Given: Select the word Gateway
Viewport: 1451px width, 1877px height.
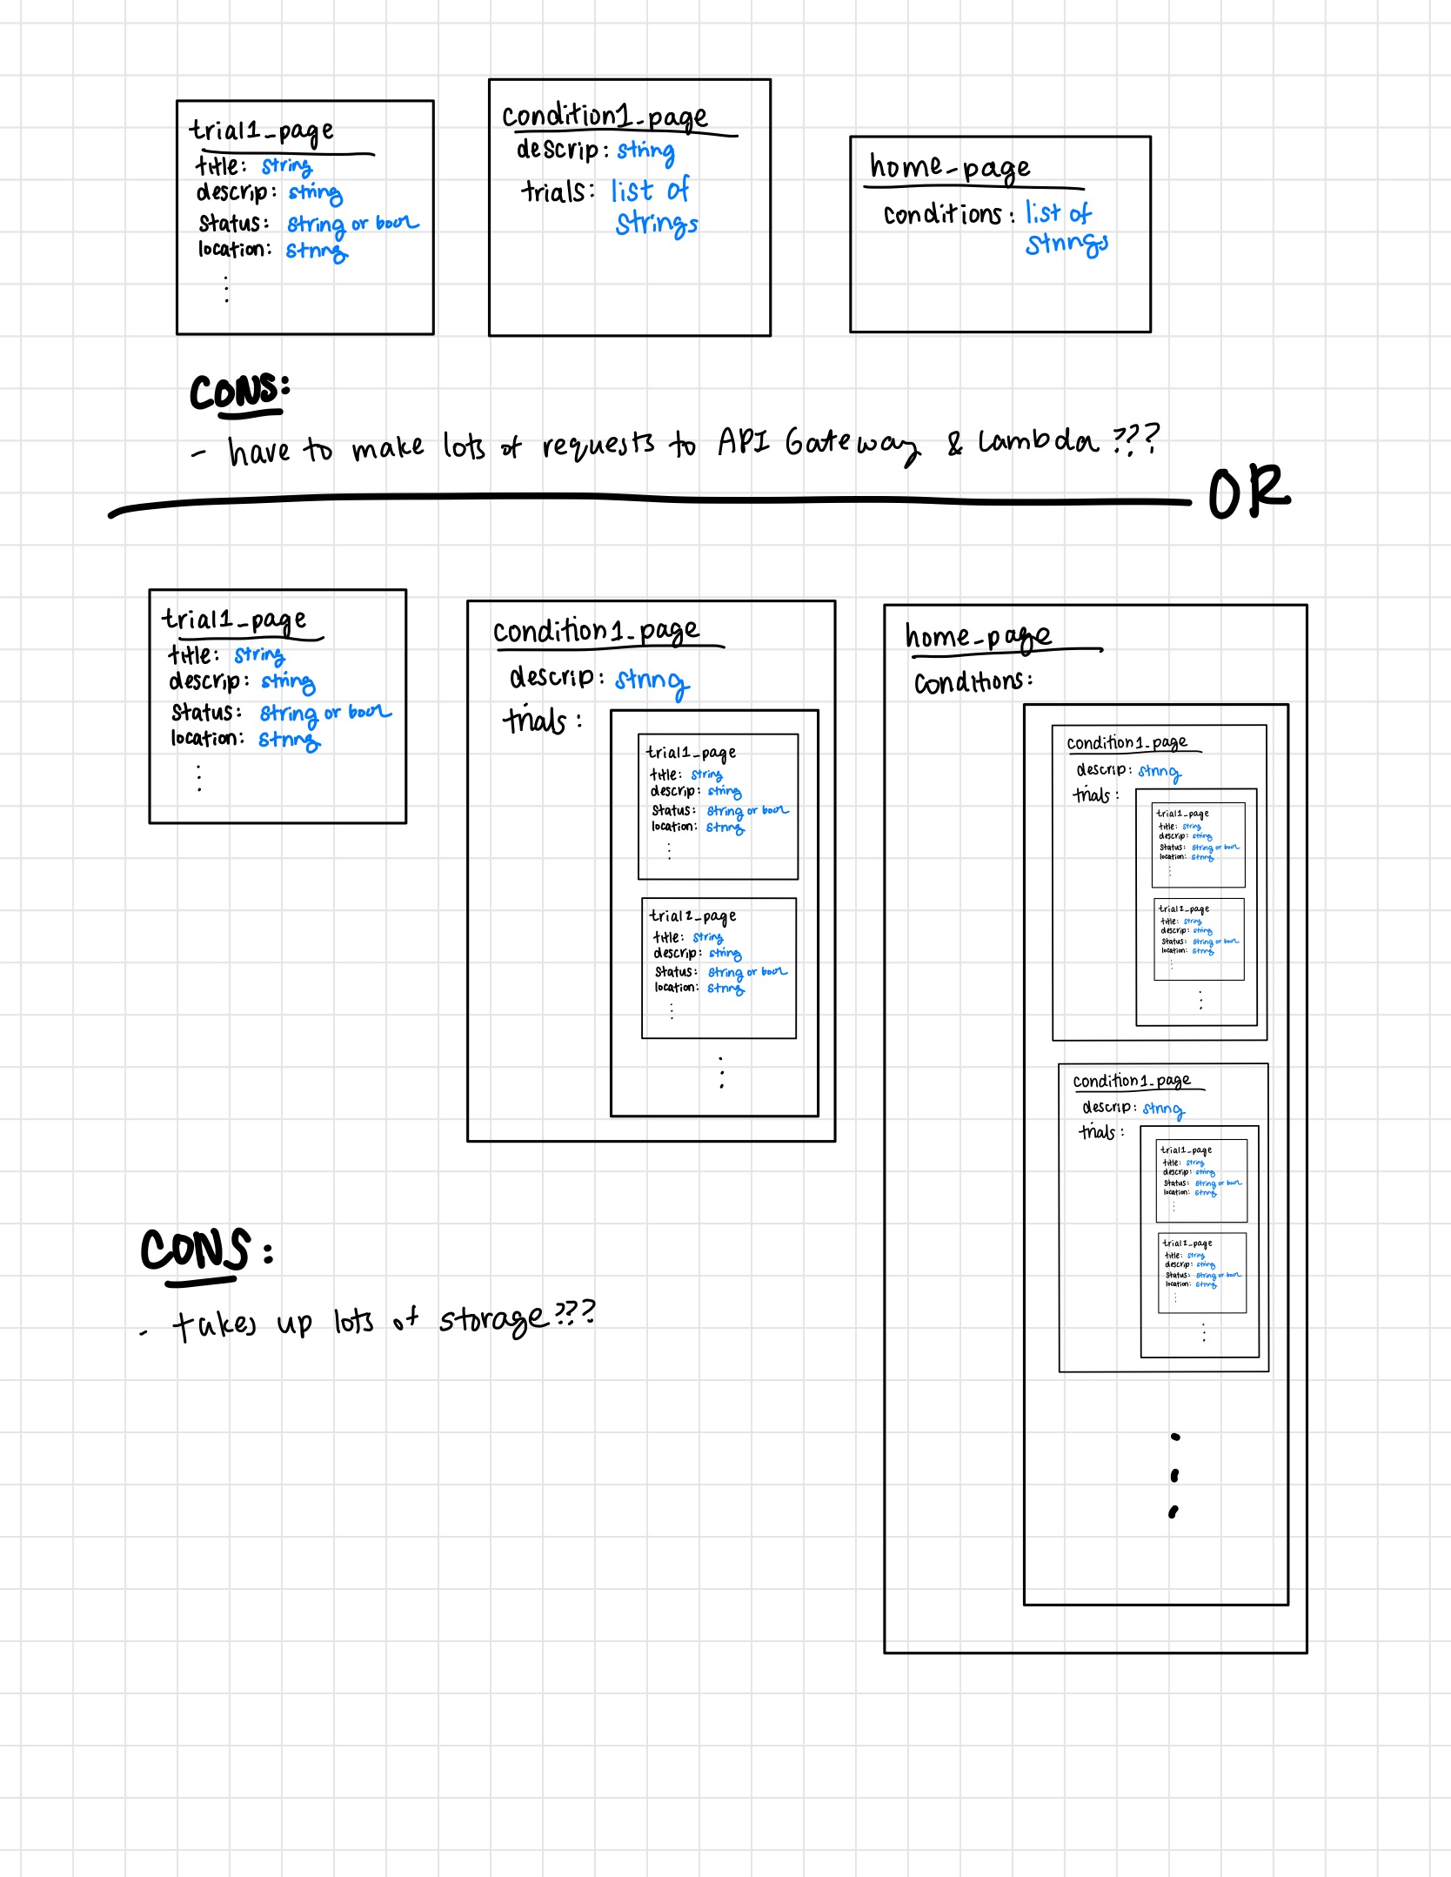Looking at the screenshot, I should click(852, 445).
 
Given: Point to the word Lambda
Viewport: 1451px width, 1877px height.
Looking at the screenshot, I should click(1038, 442).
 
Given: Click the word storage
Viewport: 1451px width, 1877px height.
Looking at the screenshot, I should click(493, 1319).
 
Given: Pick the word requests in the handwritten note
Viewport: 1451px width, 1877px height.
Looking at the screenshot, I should click(598, 446).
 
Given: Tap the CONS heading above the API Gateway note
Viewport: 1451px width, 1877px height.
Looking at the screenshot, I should click(238, 392).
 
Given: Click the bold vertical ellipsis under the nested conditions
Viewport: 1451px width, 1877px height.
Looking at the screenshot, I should click(1174, 1474).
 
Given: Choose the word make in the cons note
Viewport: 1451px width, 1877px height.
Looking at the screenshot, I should click(388, 448).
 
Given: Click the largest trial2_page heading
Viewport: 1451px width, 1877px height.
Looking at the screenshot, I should click(692, 916).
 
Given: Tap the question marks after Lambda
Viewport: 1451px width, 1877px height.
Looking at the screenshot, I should click(1136, 439).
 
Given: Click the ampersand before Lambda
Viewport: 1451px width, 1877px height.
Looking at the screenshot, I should click(955, 444).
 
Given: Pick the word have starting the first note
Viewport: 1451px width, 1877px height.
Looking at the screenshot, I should click(258, 451).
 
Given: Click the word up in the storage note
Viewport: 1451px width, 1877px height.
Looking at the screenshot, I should click(294, 1324).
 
